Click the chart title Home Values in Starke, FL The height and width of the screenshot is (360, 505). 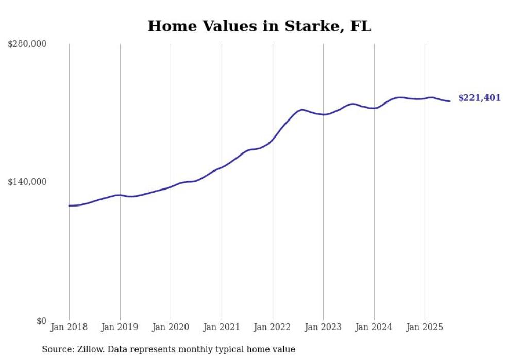coord(259,26)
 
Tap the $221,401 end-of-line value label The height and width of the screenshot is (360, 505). coord(479,98)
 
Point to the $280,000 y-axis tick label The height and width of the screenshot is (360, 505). coord(27,44)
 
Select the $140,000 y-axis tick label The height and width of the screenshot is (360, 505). coord(27,182)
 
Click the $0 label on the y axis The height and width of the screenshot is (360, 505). coord(41,321)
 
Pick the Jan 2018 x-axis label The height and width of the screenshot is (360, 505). coord(69,327)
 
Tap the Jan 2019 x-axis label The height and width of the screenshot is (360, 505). coord(120,327)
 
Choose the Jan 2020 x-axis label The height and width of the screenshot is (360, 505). coord(171,327)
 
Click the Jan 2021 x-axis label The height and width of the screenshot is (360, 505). coord(222,327)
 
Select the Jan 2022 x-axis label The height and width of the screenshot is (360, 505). coord(273,327)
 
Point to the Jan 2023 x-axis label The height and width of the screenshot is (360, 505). coord(323,327)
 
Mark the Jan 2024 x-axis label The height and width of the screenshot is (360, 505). coord(374,327)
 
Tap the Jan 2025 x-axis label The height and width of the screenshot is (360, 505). coord(425,327)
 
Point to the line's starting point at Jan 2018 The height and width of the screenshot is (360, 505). coord(69,205)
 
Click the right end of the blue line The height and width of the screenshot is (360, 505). coord(450,101)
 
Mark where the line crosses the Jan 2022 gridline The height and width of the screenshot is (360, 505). coord(273,139)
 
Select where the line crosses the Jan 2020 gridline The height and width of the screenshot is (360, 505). coord(171,187)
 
